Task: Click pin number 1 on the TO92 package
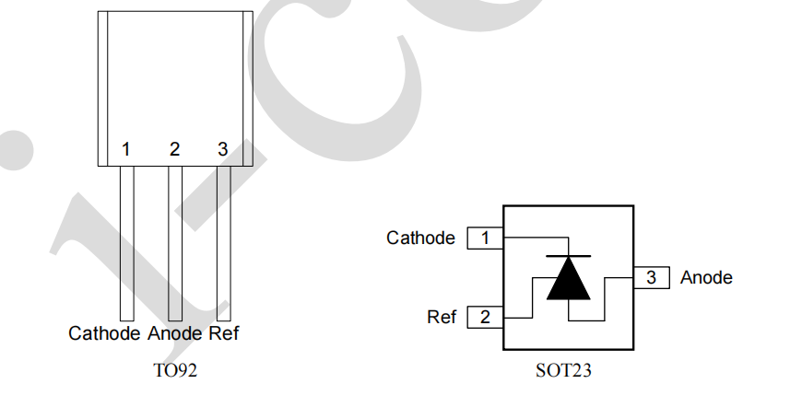click(126, 149)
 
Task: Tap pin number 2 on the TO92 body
click(174, 149)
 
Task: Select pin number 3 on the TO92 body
click(222, 149)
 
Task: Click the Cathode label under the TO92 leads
click(104, 333)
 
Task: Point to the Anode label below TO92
click(174, 333)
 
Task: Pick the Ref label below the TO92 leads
click(224, 333)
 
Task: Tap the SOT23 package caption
click(563, 372)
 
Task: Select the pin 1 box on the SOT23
click(485, 238)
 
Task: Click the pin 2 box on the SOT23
click(485, 318)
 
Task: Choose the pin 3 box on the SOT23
click(651, 276)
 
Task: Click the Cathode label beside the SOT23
click(420, 238)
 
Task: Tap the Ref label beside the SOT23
click(442, 318)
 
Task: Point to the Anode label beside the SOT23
click(706, 276)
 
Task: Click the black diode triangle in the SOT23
click(568, 280)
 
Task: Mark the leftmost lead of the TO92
click(126, 244)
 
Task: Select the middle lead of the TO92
click(175, 244)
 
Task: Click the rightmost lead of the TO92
click(223, 244)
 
